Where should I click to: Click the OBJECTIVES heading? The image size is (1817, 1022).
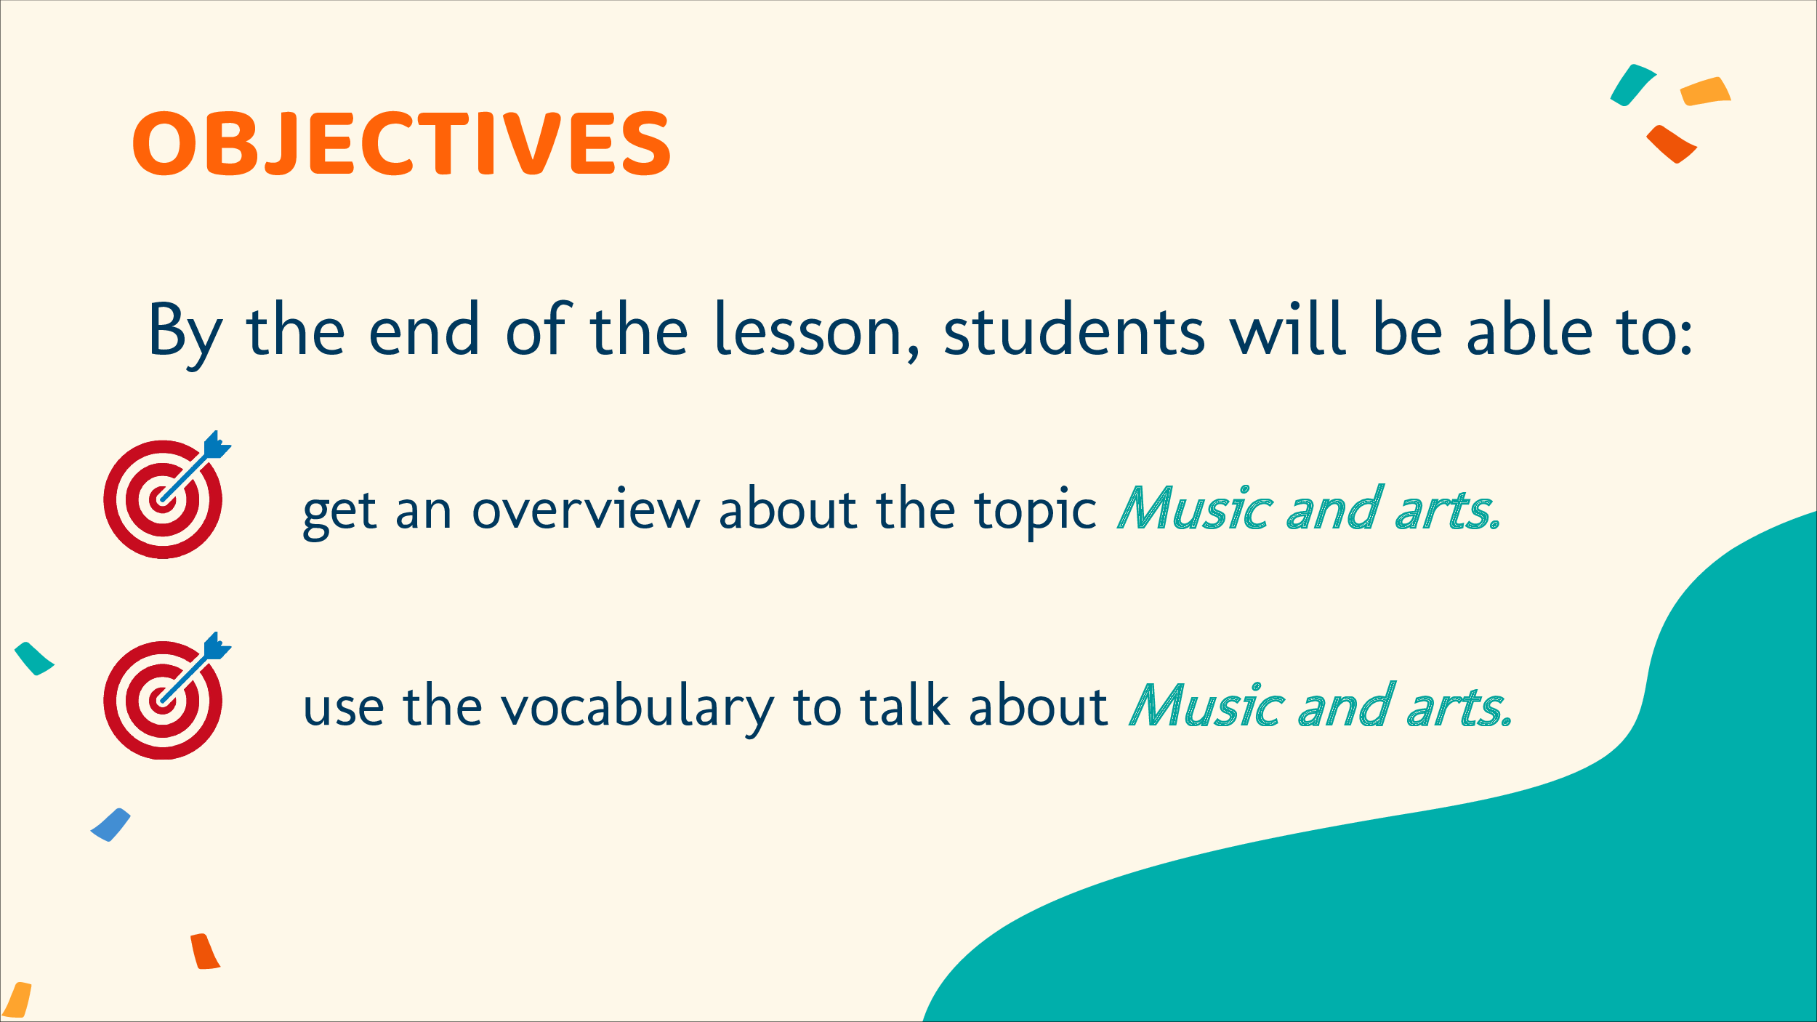tap(401, 143)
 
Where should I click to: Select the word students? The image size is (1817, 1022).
tap(1073, 329)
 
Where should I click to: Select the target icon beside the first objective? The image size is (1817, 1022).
tap(166, 496)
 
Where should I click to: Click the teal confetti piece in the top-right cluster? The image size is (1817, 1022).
tap(1632, 85)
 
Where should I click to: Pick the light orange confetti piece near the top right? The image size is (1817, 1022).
tap(1705, 92)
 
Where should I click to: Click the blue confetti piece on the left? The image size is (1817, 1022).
tap(110, 825)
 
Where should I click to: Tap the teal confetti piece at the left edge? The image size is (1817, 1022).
tap(33, 659)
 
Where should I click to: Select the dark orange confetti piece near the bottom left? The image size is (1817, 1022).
tap(205, 951)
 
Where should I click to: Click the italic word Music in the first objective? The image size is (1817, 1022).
tap(1195, 508)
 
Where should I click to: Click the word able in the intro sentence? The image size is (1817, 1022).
tap(1530, 329)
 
